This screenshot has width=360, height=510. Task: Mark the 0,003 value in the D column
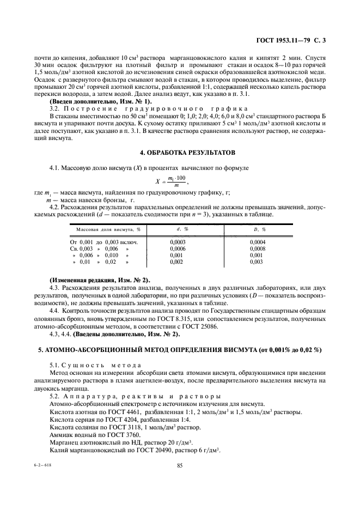tap(256, 262)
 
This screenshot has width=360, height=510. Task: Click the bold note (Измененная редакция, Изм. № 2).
tap(100, 280)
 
